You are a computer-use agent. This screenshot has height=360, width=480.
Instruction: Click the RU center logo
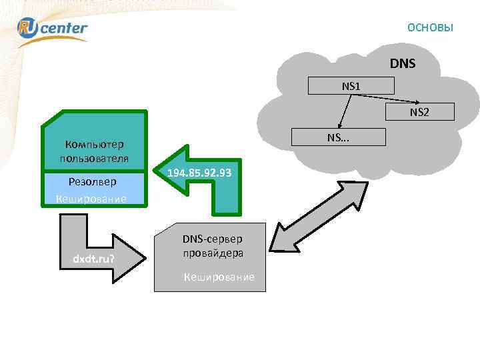pos(52,28)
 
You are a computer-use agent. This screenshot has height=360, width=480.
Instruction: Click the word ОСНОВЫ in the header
pos(430,27)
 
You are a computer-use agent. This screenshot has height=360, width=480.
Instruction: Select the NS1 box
pos(351,86)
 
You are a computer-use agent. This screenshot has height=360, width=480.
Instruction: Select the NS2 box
pos(419,112)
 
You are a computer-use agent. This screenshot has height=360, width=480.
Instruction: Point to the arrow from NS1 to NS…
pos(345,111)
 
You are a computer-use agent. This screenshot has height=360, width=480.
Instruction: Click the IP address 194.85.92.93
pos(199,173)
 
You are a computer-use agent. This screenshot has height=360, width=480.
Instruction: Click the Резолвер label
pos(93,181)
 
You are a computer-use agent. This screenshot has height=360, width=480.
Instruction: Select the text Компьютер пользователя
pos(94,151)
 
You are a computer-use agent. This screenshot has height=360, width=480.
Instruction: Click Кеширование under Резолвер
pos(91,199)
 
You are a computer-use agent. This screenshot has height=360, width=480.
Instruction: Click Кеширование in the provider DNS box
pos(219,277)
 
